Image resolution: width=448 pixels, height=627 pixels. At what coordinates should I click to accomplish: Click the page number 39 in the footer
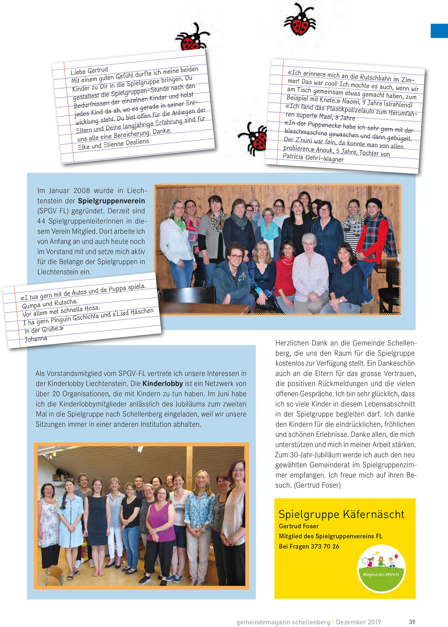point(412,622)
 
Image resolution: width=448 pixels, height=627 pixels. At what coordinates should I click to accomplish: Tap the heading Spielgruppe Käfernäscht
point(341,514)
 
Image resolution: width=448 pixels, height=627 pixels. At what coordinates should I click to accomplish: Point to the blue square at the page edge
point(439,31)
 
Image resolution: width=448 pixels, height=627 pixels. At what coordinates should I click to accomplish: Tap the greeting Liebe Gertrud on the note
point(89,71)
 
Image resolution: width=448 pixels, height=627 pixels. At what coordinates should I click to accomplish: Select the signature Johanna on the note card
point(36,339)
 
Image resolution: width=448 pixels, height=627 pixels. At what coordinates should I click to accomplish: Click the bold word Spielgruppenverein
point(111,201)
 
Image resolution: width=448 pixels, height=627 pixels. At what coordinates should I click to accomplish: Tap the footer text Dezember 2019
point(358,622)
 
